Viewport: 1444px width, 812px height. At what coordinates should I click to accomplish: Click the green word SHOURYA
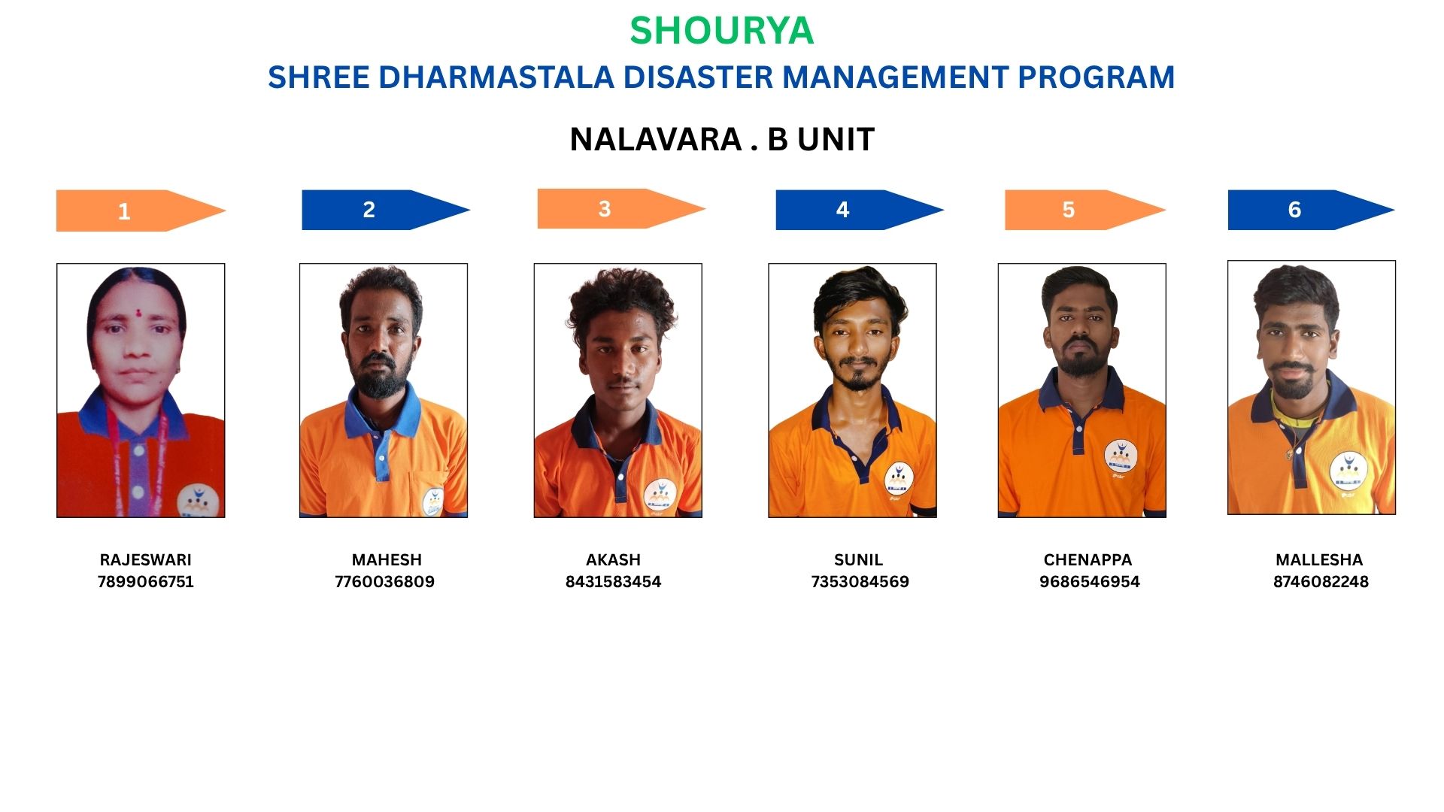(721, 31)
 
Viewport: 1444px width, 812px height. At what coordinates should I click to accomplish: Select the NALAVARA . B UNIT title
(722, 139)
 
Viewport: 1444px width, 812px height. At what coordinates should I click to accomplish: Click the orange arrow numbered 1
(141, 211)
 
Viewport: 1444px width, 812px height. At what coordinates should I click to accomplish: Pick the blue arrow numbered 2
(386, 210)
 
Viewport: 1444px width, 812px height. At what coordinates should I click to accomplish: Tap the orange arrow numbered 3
(621, 208)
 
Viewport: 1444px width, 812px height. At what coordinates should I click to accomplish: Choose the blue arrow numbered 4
(860, 210)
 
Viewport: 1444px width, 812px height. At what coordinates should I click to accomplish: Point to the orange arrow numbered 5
(1085, 210)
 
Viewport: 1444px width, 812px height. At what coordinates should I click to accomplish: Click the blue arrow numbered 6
(1311, 210)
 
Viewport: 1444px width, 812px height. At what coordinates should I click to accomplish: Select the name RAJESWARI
(145, 560)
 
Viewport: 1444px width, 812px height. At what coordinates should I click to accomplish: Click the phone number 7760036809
(384, 582)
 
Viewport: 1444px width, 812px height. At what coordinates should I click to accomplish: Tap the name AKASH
(613, 560)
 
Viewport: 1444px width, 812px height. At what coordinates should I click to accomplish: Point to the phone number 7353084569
(860, 582)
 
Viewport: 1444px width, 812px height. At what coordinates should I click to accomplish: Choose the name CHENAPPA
(1088, 560)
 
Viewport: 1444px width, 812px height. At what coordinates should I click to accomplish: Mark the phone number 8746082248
(1321, 582)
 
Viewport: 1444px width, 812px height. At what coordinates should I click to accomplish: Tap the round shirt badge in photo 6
(1348, 471)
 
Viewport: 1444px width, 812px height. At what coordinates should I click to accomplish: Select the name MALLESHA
(1319, 560)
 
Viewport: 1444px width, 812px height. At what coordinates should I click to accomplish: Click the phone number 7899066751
(145, 582)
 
